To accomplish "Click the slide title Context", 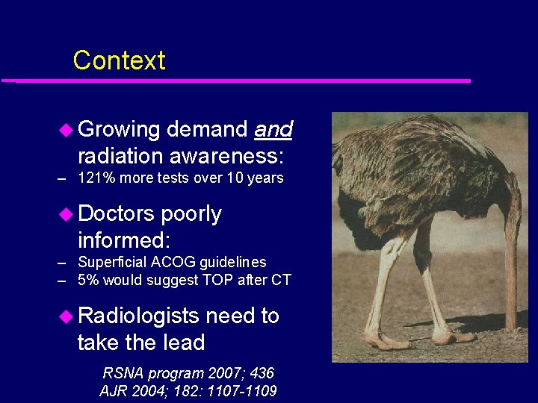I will (119, 60).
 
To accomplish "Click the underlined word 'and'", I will (273, 130).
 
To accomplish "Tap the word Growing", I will (119, 131).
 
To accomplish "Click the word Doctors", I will (117, 214).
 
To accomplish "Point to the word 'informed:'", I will (124, 240).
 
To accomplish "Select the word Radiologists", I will (139, 316).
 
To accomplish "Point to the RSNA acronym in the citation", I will (122, 373).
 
